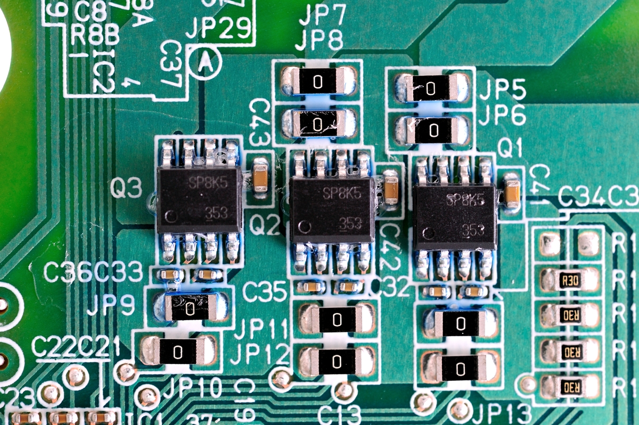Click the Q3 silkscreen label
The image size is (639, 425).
127,188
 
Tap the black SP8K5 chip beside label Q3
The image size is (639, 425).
200,199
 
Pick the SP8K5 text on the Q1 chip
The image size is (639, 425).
465,200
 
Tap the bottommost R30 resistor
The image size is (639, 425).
570,386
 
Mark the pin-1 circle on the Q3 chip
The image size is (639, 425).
171,216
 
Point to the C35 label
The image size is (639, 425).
265,292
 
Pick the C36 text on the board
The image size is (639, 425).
67,272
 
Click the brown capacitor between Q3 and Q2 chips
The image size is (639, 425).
260,174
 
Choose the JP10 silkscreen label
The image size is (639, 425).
192,388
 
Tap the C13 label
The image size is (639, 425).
339,414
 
